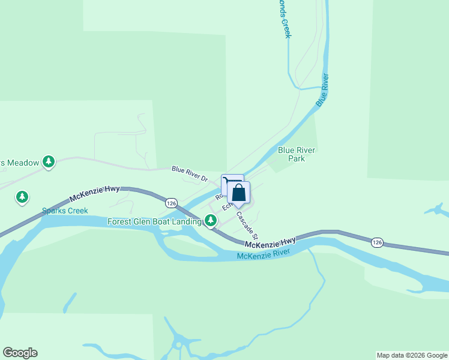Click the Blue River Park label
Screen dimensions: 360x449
point(297,154)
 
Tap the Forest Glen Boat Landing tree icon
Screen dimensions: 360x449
point(210,221)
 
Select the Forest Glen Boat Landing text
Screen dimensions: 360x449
point(154,221)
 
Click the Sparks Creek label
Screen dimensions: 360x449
point(65,211)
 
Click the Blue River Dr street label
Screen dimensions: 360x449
point(189,174)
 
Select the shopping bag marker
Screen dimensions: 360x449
point(238,194)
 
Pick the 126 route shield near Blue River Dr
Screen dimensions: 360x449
point(172,202)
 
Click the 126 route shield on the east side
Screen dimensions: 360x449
point(376,242)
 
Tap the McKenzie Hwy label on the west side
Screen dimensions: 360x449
point(94,193)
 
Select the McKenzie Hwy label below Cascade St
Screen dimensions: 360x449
point(270,242)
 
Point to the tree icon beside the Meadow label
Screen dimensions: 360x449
point(49,161)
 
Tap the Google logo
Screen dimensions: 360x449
point(20,353)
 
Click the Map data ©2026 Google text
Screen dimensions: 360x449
point(411,355)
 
